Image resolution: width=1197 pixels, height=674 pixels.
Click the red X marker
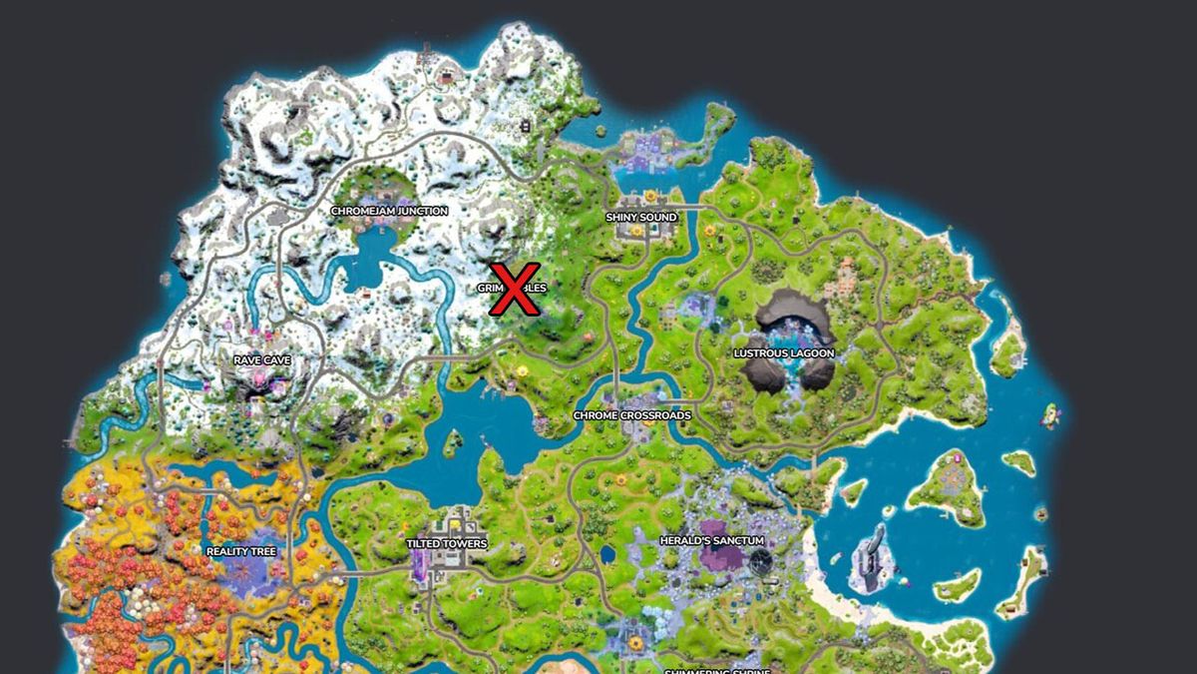(514, 289)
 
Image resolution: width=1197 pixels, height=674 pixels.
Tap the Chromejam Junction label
(389, 211)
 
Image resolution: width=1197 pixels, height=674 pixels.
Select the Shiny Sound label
(641, 217)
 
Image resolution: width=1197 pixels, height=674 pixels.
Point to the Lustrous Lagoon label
(784, 353)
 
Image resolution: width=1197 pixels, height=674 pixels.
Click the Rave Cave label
(262, 359)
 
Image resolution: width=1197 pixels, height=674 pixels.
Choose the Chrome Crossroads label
(631, 415)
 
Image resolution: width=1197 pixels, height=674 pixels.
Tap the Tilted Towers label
(447, 544)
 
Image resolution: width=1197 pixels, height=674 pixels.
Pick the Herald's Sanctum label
(711, 540)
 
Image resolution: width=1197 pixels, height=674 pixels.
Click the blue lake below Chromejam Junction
(369, 250)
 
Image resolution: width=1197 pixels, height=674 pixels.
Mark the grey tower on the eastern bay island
(870, 554)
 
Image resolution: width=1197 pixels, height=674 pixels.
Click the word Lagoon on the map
(811, 353)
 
